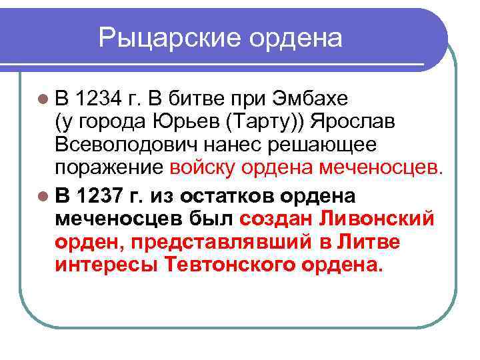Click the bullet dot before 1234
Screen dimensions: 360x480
(x=44, y=101)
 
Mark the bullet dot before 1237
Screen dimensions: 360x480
(x=44, y=198)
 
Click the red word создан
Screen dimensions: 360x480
(x=277, y=219)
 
